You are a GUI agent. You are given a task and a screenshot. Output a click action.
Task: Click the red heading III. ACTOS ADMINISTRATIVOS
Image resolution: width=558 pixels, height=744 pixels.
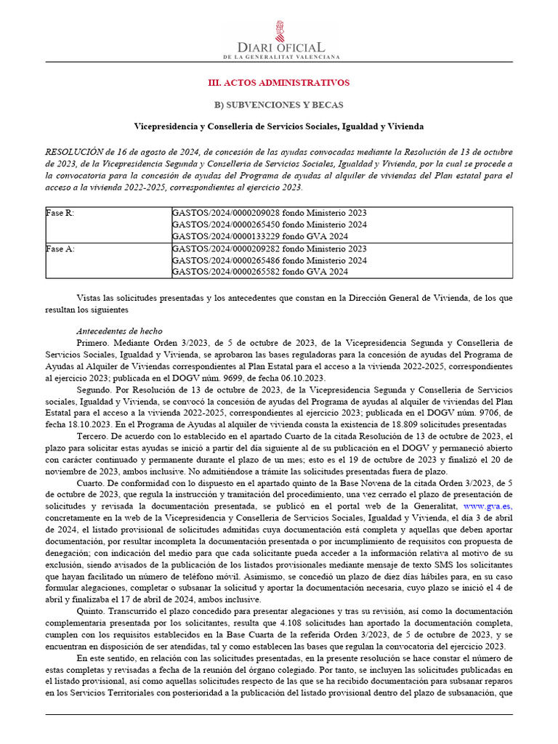click(279, 83)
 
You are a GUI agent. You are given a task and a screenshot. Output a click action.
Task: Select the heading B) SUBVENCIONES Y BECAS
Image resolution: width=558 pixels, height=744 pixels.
click(279, 105)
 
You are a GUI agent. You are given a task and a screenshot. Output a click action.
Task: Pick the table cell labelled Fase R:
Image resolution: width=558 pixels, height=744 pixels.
click(60, 214)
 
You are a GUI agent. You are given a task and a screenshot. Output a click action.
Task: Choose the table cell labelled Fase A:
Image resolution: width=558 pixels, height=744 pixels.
click(60, 248)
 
